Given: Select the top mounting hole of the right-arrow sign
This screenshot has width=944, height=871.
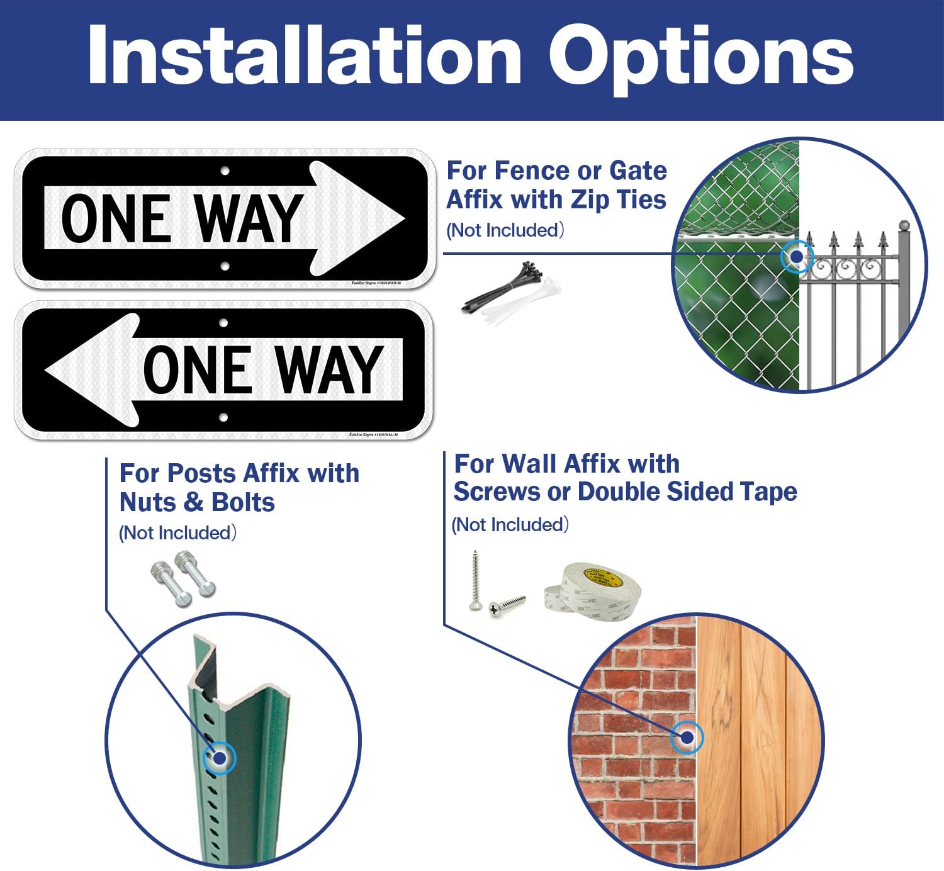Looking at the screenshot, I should point(225,171).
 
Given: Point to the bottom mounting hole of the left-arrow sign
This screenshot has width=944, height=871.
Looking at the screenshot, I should point(223,417).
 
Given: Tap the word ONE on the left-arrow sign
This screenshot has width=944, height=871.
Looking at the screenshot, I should point(198,370).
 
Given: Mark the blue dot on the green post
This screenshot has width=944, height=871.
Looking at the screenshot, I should point(220,758).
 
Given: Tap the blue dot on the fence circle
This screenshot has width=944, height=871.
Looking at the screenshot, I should point(797,257).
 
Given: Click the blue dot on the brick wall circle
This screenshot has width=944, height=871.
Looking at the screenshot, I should point(687,737).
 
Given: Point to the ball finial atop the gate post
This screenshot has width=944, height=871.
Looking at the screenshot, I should point(904,225).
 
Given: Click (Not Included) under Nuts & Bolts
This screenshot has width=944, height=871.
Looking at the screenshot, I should point(178,533).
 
